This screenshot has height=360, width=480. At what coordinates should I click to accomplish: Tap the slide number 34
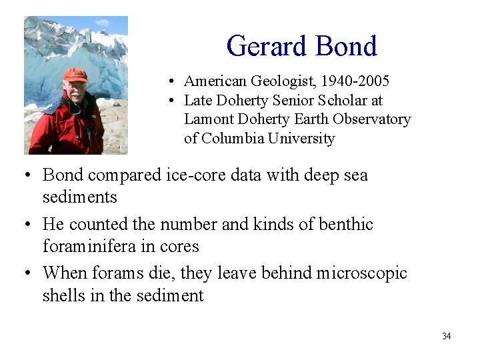(x=446, y=336)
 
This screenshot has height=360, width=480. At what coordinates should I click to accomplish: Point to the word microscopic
(x=361, y=273)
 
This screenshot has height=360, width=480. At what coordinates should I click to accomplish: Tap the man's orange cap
(x=75, y=75)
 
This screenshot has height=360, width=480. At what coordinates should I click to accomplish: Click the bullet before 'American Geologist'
(x=171, y=82)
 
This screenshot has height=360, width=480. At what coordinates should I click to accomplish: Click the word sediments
(x=79, y=197)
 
